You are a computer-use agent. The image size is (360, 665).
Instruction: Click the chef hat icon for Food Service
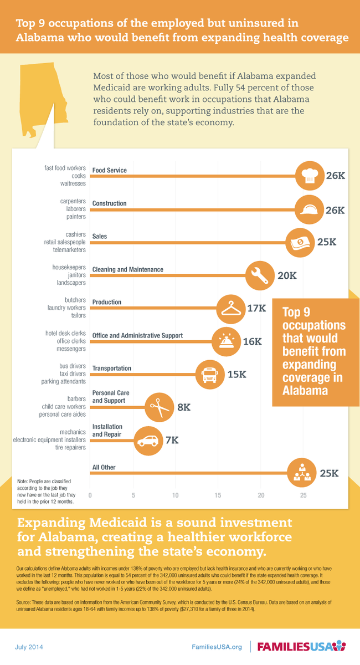click(x=310, y=176)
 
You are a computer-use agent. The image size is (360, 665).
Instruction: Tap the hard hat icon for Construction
click(x=309, y=209)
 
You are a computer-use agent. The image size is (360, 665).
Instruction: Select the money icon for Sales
click(x=300, y=243)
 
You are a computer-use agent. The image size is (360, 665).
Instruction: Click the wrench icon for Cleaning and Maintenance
click(x=260, y=275)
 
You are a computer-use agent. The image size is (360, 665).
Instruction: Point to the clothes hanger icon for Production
click(x=231, y=309)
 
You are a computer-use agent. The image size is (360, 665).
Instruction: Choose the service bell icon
click(x=226, y=342)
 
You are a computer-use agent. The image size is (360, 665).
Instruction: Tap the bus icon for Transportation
click(x=210, y=375)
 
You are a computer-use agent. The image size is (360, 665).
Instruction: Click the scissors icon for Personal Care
click(x=160, y=407)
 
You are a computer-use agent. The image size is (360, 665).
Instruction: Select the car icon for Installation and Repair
click(x=148, y=441)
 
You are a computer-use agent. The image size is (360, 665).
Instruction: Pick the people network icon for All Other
click(x=302, y=473)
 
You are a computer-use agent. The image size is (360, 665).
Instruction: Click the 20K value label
click(x=287, y=275)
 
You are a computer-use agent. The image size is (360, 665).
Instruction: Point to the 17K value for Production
click(x=257, y=308)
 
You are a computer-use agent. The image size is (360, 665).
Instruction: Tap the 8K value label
click(x=184, y=407)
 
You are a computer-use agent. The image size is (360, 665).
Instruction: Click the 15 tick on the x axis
click(x=218, y=495)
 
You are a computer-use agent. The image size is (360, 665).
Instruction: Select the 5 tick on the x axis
click(x=133, y=495)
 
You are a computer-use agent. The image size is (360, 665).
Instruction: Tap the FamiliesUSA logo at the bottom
click(x=301, y=646)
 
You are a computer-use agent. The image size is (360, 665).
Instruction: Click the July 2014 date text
click(x=29, y=647)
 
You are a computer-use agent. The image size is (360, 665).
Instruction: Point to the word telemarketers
click(x=69, y=250)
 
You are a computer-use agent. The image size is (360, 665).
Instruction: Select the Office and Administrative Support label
click(x=137, y=335)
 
